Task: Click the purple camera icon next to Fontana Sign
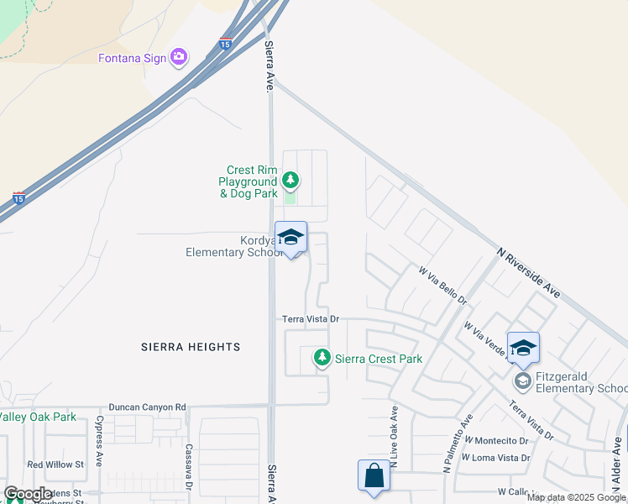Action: (178, 57)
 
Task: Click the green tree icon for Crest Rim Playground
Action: (290, 180)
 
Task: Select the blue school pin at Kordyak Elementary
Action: (290, 238)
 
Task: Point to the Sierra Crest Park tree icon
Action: (322, 358)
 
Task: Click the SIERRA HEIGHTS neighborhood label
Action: (191, 347)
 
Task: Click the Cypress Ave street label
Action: (99, 441)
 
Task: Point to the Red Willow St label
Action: (55, 465)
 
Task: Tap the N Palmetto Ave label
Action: (458, 444)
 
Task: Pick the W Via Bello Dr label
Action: (442, 286)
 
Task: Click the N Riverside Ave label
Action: (528, 272)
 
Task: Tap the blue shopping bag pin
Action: (374, 477)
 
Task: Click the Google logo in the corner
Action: (28, 494)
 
